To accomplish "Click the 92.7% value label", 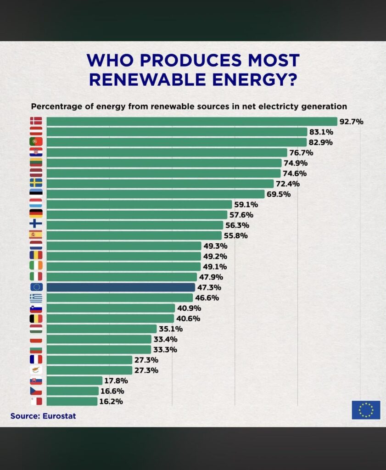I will pos(351,122).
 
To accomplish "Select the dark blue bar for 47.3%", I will pos(121,287).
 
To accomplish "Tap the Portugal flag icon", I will pos(36,142).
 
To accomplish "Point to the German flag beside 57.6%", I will pos(36,214).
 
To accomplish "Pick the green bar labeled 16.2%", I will pos(72,401).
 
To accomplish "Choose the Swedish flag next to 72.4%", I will pos(36,183).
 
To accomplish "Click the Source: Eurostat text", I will pos(43,416).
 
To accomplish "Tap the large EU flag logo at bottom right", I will pos(366,410).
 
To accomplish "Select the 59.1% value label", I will pos(246,204).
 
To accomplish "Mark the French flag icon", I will pos(36,359).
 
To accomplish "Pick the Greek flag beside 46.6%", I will pos(36,297).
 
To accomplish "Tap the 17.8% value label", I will pos(116,380).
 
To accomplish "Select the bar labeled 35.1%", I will pos(101,329).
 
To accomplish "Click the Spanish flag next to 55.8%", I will pos(36,235).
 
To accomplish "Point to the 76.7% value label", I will pos(301,152).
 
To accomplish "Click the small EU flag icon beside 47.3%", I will pos(36,287).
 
